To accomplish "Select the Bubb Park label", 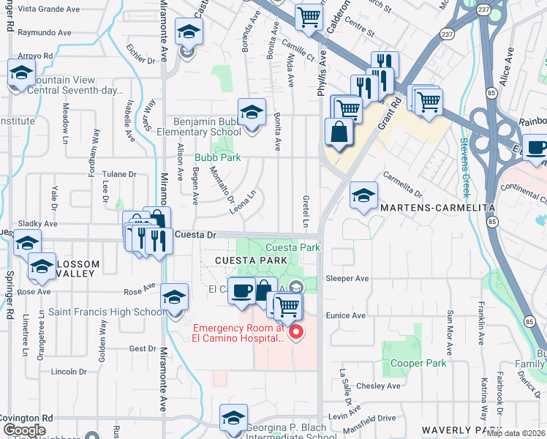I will (217, 157).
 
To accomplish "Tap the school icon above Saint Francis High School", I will (173, 298).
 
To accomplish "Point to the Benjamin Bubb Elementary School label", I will (207, 127).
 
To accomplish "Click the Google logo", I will (24, 430).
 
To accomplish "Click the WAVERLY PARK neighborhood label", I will (461, 430).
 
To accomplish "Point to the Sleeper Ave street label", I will (347, 279).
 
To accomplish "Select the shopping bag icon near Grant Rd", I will (339, 132).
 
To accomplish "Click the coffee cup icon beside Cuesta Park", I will (241, 290).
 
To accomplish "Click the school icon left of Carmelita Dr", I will (363, 195).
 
